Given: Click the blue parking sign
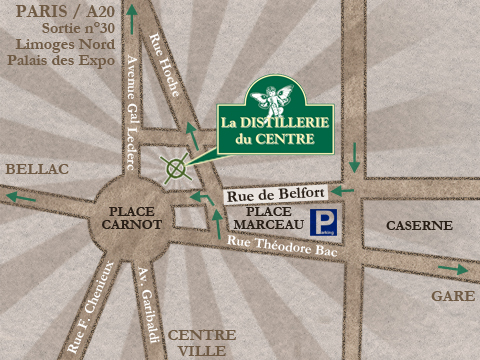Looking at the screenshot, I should click(322, 223).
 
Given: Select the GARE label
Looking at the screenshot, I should click(452, 297).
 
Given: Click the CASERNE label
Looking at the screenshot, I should click(412, 225).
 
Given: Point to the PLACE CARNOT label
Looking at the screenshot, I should click(131, 218).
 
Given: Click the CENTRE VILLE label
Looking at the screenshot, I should click(202, 343).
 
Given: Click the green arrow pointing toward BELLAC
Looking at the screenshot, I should click(20, 197).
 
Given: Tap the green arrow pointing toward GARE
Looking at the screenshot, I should click(452, 269).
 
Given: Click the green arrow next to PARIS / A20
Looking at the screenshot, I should click(132, 23).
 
